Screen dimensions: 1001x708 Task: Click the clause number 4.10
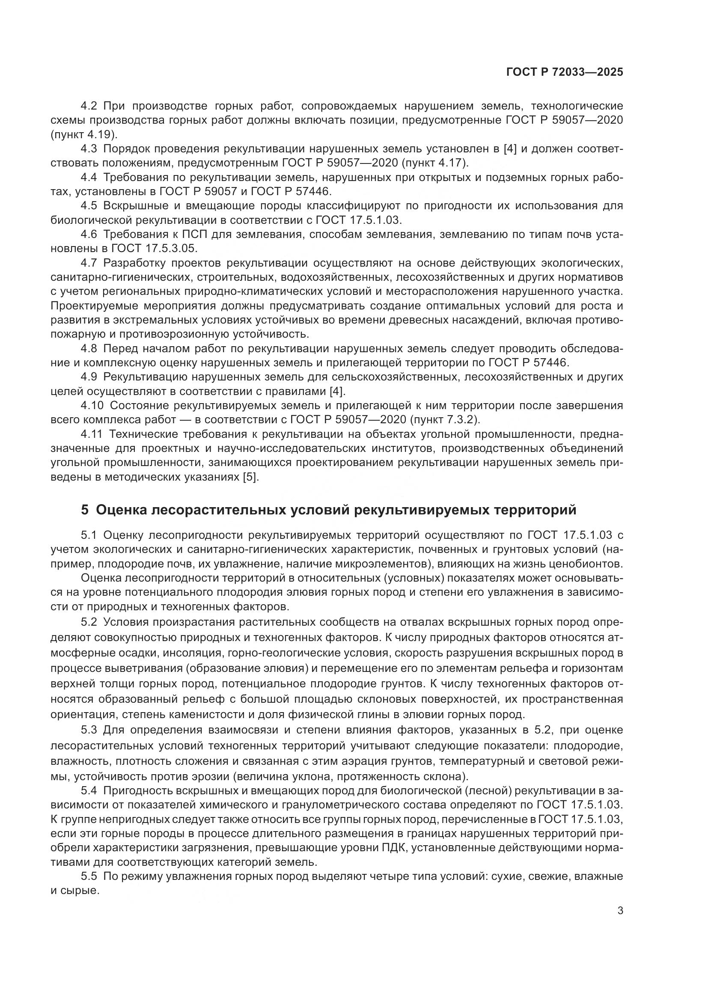tap(92, 405)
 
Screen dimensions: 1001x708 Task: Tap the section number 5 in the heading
tap(85, 510)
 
